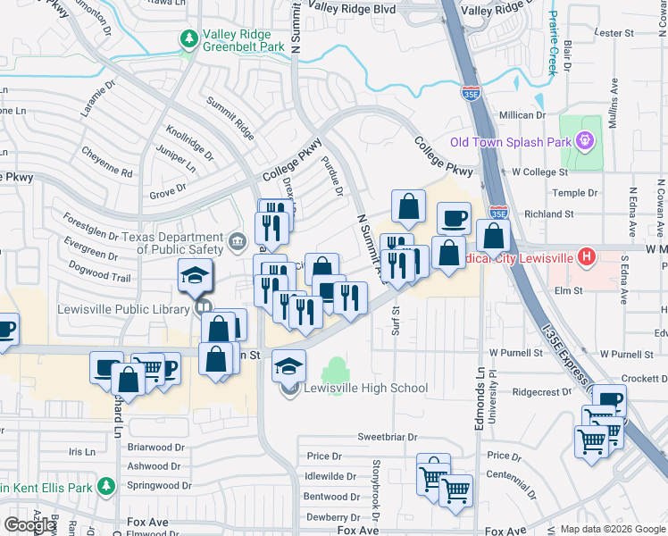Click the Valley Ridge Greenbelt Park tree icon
tap(188, 38)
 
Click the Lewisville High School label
tap(365, 389)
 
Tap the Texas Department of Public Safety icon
tap(237, 240)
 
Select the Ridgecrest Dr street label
tap(541, 391)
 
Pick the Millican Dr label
tap(529, 115)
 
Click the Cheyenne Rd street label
tap(107, 162)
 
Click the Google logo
tap(29, 524)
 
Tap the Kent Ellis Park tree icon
tap(106, 487)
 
